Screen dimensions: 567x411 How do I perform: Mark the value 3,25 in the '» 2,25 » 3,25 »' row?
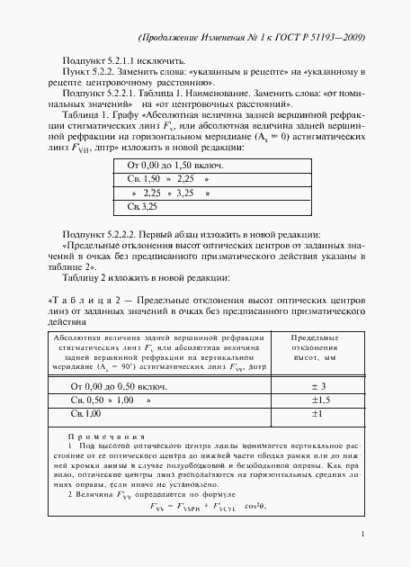(186, 193)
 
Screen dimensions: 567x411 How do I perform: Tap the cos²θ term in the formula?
(268, 506)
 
